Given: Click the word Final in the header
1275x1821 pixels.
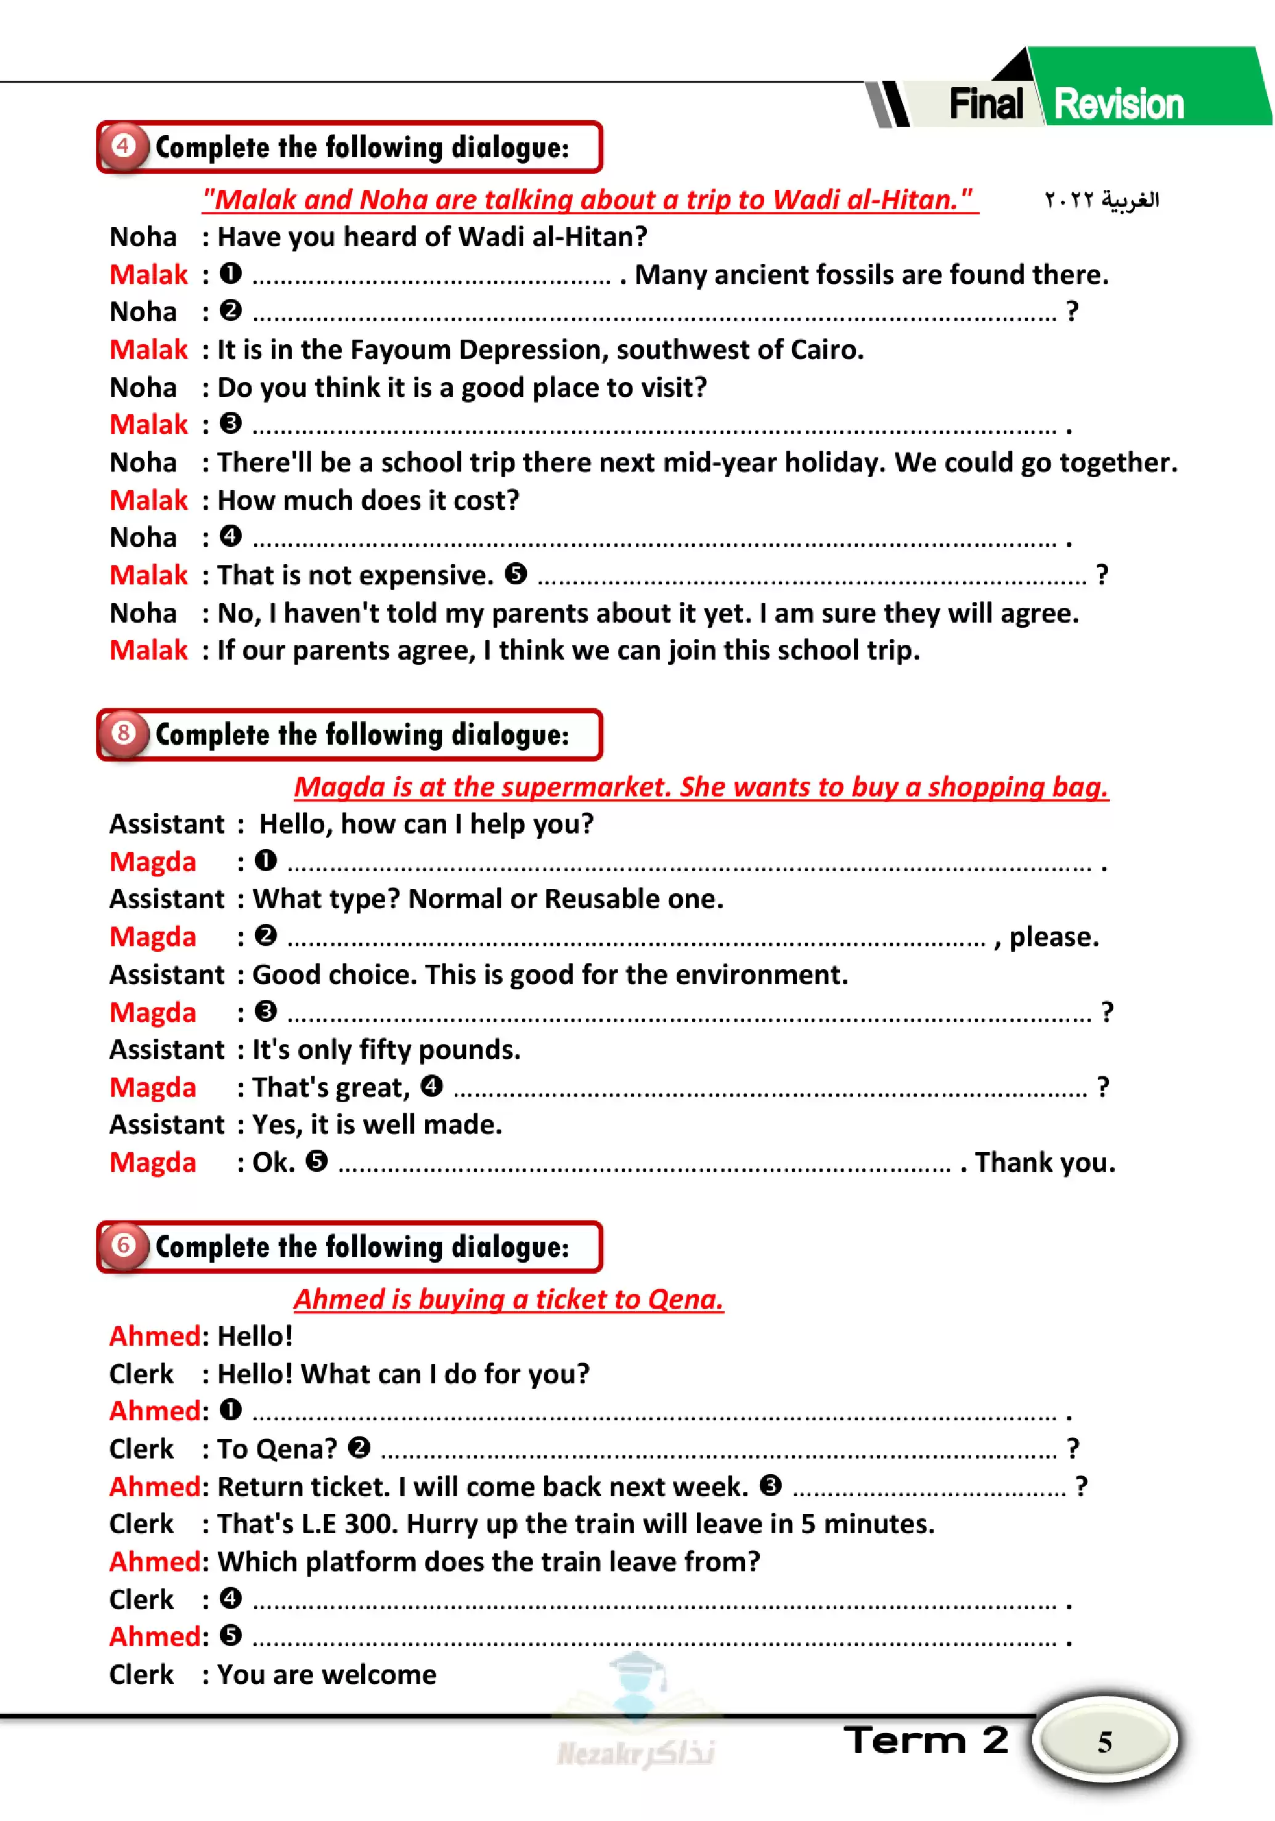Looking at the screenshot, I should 985,104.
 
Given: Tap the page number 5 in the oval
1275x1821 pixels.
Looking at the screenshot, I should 1104,1741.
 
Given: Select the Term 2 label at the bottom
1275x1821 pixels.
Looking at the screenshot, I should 926,1740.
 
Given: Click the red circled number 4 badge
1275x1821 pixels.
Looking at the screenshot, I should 123,147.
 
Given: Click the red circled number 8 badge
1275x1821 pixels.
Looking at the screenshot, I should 123,734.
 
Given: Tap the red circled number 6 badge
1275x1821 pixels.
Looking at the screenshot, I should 123,1245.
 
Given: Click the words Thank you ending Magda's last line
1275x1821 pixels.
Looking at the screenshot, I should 1045,1163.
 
